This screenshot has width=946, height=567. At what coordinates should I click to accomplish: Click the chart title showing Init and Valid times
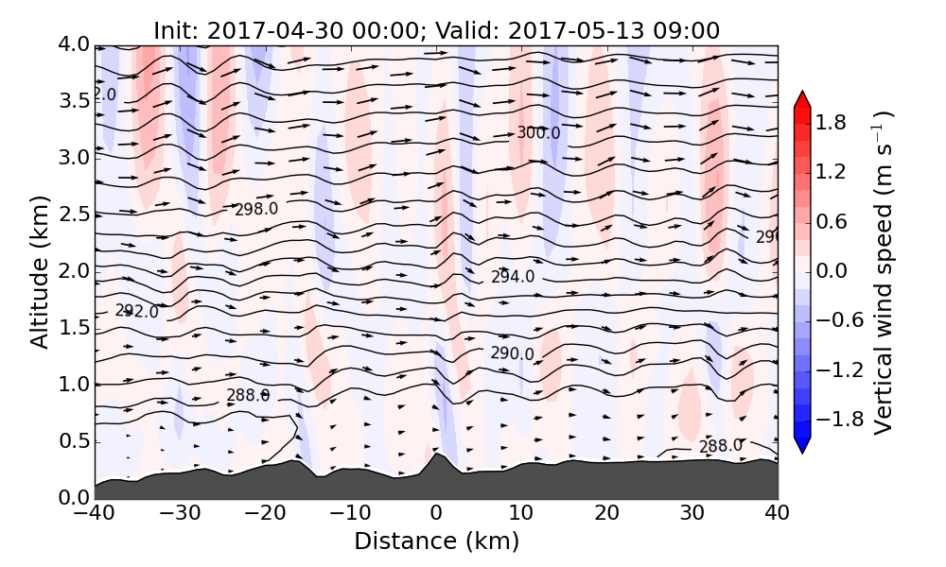coord(436,30)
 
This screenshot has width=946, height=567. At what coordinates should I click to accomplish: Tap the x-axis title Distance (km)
coord(436,541)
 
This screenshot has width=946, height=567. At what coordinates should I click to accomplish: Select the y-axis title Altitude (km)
coord(39,271)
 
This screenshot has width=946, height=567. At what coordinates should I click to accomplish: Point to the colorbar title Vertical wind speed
coord(882,272)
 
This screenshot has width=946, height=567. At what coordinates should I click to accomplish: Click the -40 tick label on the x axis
coord(95,515)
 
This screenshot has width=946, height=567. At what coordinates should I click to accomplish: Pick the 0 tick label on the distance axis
coord(436,515)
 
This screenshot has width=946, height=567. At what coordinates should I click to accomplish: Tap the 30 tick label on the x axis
coord(692,515)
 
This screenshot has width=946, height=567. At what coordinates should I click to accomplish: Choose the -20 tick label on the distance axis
coord(265,515)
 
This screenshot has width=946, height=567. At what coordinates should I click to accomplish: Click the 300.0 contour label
coord(538,133)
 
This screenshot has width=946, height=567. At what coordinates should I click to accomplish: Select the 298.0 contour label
coord(256,209)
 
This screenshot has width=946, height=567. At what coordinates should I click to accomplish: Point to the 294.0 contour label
coord(513,277)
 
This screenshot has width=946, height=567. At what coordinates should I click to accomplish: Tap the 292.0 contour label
coord(136,311)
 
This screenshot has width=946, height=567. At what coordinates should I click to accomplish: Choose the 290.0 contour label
coord(512,353)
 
